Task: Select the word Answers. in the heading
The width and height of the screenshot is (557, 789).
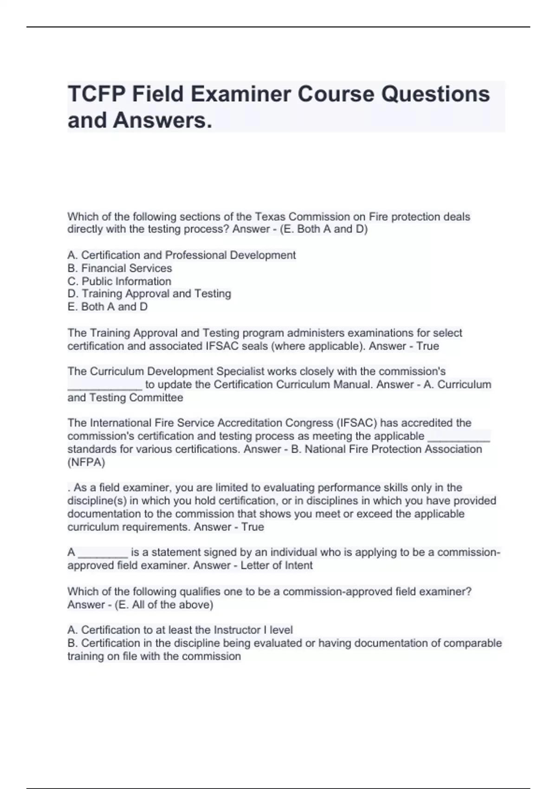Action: (162, 120)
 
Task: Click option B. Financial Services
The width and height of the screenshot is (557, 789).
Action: (120, 268)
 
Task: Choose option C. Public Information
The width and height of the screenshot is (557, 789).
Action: (119, 281)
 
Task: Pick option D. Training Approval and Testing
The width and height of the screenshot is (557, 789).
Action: (149, 294)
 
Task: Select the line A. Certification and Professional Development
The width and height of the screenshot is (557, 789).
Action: (181, 255)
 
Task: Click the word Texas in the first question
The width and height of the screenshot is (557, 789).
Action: (271, 217)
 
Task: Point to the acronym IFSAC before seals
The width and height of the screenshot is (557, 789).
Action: (221, 346)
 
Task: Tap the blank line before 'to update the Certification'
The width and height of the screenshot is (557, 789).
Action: (104, 385)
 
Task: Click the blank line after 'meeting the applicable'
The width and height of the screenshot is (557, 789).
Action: (458, 437)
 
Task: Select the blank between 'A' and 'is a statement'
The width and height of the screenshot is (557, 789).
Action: (103, 553)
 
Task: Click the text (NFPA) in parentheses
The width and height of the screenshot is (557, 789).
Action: (86, 462)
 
